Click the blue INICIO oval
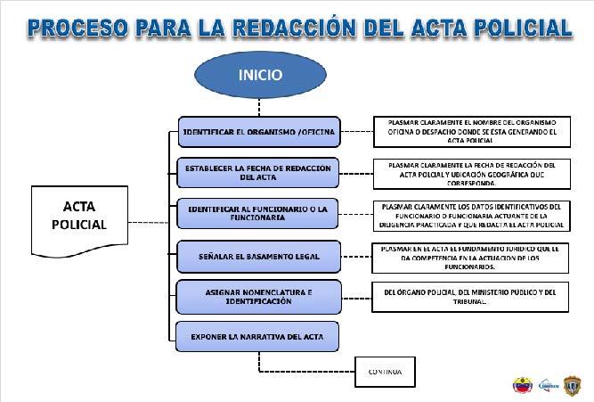(x=259, y=77)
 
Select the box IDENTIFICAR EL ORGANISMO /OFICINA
(x=258, y=133)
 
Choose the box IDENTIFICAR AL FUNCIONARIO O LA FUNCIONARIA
(x=258, y=213)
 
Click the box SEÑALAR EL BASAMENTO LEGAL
(x=258, y=256)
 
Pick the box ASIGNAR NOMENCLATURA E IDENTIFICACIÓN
(x=258, y=296)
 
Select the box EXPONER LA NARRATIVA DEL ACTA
(x=258, y=336)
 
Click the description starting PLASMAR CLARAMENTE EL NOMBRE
(x=466, y=132)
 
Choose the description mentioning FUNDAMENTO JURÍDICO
(x=466, y=256)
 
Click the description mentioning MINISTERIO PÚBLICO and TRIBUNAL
(x=466, y=296)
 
